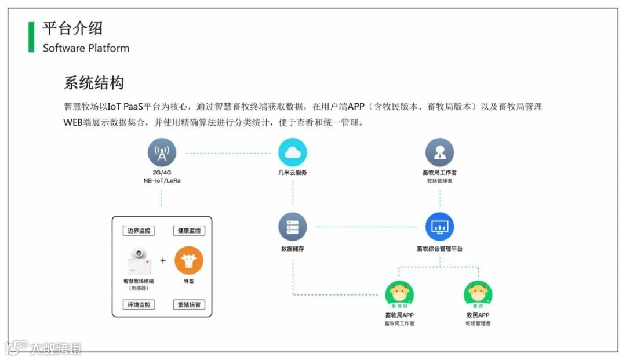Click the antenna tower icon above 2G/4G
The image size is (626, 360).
pyautogui.click(x=162, y=152)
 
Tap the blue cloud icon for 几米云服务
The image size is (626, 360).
pyautogui.click(x=292, y=152)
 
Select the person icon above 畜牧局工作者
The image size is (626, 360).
pyautogui.click(x=439, y=152)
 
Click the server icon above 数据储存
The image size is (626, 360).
pyautogui.click(x=292, y=227)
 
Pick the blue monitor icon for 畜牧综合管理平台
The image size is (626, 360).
pyautogui.click(x=439, y=227)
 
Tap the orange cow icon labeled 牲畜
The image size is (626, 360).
pyautogui.click(x=189, y=261)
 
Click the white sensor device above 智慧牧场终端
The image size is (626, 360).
pyautogui.click(x=140, y=261)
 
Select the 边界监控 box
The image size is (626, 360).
pyautogui.click(x=139, y=231)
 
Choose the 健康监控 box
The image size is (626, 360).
pyautogui.click(x=189, y=231)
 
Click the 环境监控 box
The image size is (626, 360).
pyautogui.click(x=139, y=304)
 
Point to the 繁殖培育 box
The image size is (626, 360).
pyautogui.click(x=189, y=304)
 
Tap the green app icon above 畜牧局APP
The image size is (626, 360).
pyautogui.click(x=399, y=294)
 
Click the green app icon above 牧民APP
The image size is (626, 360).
pyautogui.click(x=478, y=294)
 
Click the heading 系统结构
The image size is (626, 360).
pyautogui.click(x=94, y=83)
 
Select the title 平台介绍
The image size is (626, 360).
pyautogui.click(x=72, y=28)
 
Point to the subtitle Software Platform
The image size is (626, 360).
pyautogui.click(x=86, y=48)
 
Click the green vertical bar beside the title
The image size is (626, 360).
pyautogui.click(x=31, y=37)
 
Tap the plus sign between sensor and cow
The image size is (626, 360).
pyautogui.click(x=163, y=261)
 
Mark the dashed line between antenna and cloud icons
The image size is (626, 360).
pyautogui.click(x=228, y=153)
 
